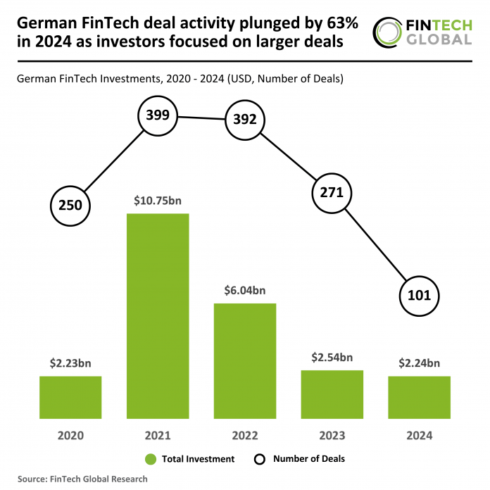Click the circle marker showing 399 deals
click(158, 115)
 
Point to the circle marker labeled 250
click(70, 206)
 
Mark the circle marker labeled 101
click(420, 295)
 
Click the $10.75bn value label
click(158, 201)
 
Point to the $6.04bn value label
click(245, 291)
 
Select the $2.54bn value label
click(332, 358)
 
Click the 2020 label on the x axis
click(70, 435)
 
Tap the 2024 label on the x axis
click(420, 435)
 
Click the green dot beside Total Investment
click(150, 459)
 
